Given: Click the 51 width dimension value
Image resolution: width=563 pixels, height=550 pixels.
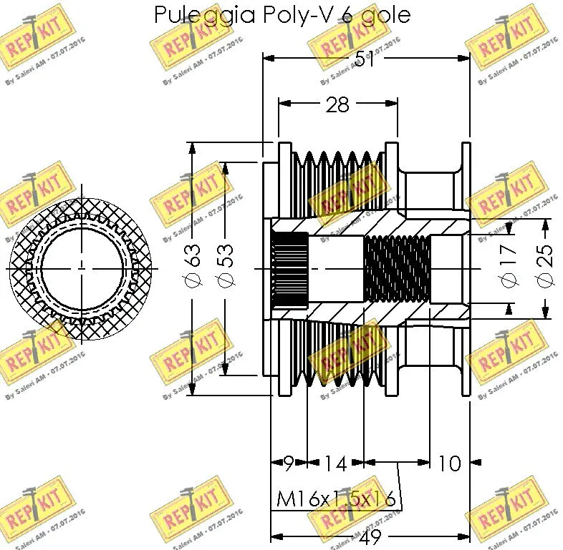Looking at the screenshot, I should pos(367,61).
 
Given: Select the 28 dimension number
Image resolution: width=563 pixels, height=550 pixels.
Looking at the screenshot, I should pos(337,105).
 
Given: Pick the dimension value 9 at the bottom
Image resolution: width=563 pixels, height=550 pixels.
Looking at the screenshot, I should pos(288,463).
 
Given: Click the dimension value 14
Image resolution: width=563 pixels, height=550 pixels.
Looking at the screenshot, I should pos(333,463).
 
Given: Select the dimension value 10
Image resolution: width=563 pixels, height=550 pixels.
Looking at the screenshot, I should pos(448,463).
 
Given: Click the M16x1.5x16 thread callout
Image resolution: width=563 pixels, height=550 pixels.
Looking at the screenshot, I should pos(337,499).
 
